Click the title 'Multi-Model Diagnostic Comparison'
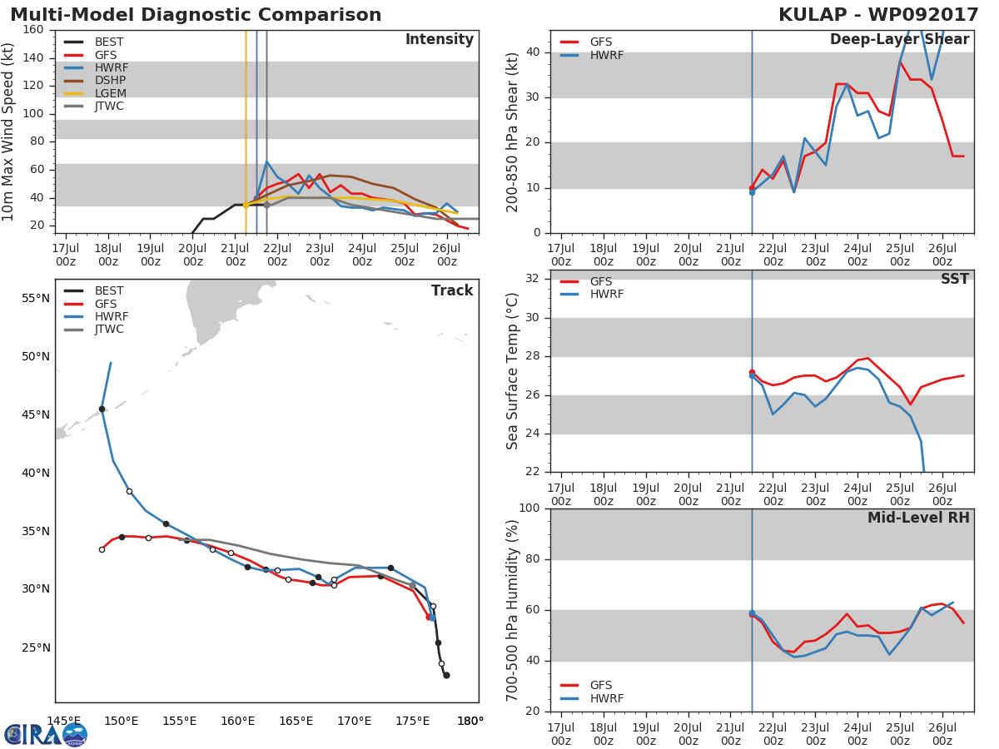point(196,15)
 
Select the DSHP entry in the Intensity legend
point(110,81)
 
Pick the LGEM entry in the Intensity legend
point(110,93)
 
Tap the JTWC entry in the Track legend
point(109,330)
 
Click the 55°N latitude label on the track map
point(35,299)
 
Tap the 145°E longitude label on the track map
point(63,721)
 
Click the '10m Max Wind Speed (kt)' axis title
point(9,131)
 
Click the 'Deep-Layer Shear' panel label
point(899,40)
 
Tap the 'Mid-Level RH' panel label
point(918,518)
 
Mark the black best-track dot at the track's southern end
point(446,675)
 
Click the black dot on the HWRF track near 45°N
point(102,409)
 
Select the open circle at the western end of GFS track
point(102,549)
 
